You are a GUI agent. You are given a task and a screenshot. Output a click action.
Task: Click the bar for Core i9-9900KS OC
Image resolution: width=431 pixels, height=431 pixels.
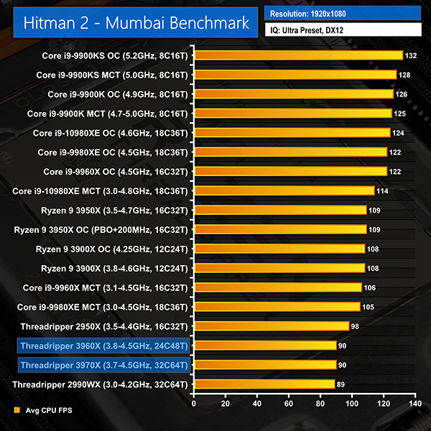(297, 55)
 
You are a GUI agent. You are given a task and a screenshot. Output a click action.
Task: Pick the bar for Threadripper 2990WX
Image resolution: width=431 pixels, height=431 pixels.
(264, 384)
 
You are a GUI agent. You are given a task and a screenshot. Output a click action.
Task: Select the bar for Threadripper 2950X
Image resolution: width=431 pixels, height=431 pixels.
(271, 326)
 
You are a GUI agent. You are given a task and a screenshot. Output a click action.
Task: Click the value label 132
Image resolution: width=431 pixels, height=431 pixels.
(412, 55)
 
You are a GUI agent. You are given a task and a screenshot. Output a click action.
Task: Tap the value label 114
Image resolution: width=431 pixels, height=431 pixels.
(383, 190)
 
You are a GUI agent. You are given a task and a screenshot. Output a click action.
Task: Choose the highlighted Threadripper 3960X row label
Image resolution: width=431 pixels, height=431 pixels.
(105, 346)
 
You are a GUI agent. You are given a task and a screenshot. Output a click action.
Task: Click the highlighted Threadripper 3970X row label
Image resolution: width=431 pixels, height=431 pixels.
(105, 365)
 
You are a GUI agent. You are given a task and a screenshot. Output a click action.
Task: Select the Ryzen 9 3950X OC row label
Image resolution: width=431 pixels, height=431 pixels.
(101, 229)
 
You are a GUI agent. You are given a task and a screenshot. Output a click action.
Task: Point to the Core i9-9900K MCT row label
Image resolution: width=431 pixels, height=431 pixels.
(107, 113)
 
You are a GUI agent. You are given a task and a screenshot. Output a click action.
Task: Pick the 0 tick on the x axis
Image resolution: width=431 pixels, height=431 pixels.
(193, 404)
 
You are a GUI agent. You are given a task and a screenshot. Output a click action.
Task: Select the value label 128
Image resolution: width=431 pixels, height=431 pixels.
(405, 75)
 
